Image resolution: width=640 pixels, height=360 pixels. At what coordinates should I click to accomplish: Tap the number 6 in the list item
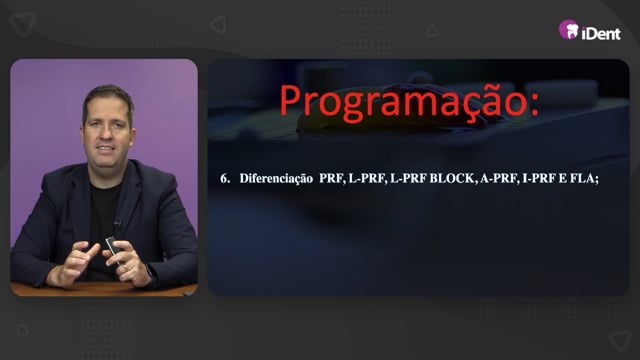(x=224, y=178)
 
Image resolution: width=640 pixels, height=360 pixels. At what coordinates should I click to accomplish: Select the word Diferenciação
(x=276, y=179)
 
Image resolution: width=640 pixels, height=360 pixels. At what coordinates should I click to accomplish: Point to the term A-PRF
(x=498, y=178)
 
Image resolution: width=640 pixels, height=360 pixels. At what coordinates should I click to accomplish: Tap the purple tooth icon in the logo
(x=569, y=29)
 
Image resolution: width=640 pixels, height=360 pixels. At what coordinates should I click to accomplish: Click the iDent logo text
(x=601, y=33)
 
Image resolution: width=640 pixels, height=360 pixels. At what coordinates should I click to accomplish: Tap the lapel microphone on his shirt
(x=118, y=223)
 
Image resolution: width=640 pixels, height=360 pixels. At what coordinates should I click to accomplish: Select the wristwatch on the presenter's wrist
(x=151, y=275)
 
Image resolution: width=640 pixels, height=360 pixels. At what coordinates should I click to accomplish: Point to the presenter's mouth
(x=105, y=149)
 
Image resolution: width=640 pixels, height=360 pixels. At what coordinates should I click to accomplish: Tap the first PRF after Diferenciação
(x=331, y=178)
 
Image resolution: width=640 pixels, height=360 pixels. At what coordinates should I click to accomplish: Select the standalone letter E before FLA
(x=561, y=178)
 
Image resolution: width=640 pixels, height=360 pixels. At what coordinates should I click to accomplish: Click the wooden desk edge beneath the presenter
(x=104, y=289)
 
